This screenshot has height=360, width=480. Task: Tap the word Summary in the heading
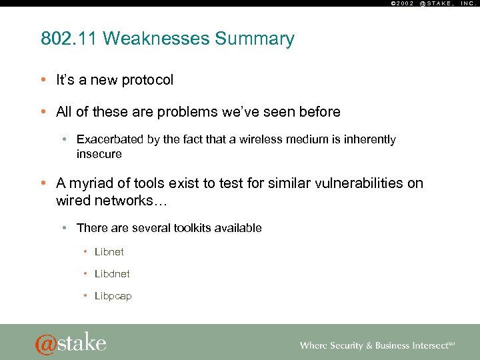coord(255,39)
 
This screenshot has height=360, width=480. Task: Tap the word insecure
coord(99,154)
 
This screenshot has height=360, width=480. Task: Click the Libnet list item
coord(109,252)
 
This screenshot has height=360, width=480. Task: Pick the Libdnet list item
coord(112,274)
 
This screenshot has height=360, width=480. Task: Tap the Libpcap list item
coord(113,296)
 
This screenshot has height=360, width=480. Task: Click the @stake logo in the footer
coord(71,343)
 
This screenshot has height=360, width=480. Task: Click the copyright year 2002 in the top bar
coord(402,3)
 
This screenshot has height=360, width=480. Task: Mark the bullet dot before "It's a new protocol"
coord(43,80)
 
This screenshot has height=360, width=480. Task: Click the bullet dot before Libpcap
coord(86,296)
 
